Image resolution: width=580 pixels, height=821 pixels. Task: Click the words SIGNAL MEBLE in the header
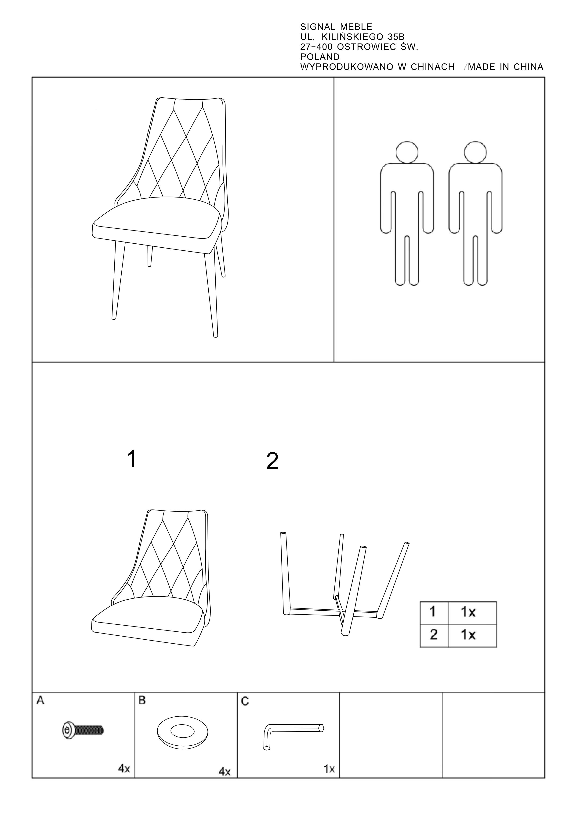pos(336,27)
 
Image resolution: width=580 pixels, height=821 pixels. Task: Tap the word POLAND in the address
pos(320,57)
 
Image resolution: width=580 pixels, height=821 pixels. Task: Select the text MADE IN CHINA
pos(505,67)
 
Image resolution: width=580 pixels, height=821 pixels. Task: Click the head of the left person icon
pos(407,152)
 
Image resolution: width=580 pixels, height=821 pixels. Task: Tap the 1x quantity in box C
pos(329,769)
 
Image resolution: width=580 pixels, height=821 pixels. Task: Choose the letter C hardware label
pos(245,702)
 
